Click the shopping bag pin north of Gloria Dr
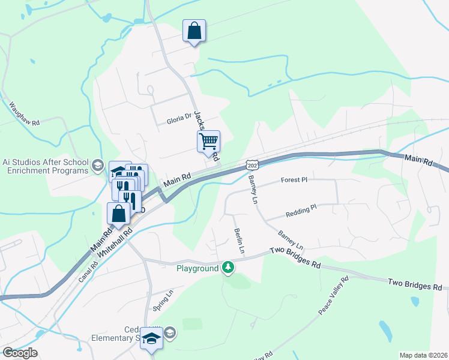(x=194, y=31)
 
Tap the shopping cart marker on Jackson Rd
(x=208, y=142)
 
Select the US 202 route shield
(x=252, y=164)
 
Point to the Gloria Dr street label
(x=179, y=120)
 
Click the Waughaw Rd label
(x=25, y=113)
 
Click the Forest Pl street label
(x=294, y=179)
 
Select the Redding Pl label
(x=301, y=209)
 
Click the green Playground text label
(x=197, y=268)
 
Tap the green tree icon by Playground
(x=228, y=267)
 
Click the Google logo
(x=20, y=353)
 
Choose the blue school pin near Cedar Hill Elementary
(x=151, y=338)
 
